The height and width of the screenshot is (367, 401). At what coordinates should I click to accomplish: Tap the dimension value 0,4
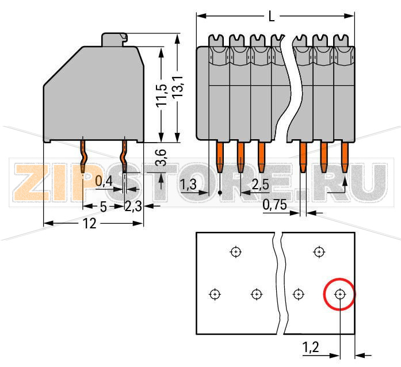(x=104, y=182)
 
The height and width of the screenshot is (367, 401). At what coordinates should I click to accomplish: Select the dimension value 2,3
(x=133, y=207)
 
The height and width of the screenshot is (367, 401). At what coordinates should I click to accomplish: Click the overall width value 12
(x=89, y=224)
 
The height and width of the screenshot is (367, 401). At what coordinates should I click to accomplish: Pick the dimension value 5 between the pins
(x=103, y=207)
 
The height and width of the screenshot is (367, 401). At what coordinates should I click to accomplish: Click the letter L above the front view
(x=272, y=17)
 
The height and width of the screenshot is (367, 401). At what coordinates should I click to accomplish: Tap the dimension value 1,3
(x=189, y=185)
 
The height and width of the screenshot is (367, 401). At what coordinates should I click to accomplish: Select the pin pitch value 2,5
(x=261, y=185)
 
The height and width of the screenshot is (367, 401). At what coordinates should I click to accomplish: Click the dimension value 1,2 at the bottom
(x=311, y=347)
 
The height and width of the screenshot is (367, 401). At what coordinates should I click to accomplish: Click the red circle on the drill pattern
(x=340, y=294)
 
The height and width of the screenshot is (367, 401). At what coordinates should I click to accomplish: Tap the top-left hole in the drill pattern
(x=235, y=251)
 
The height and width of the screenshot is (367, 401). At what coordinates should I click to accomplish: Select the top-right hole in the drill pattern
(x=318, y=251)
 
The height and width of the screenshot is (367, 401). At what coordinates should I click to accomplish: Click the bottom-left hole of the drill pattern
(x=214, y=294)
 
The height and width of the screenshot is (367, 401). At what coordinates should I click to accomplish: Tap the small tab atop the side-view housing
(x=113, y=39)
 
